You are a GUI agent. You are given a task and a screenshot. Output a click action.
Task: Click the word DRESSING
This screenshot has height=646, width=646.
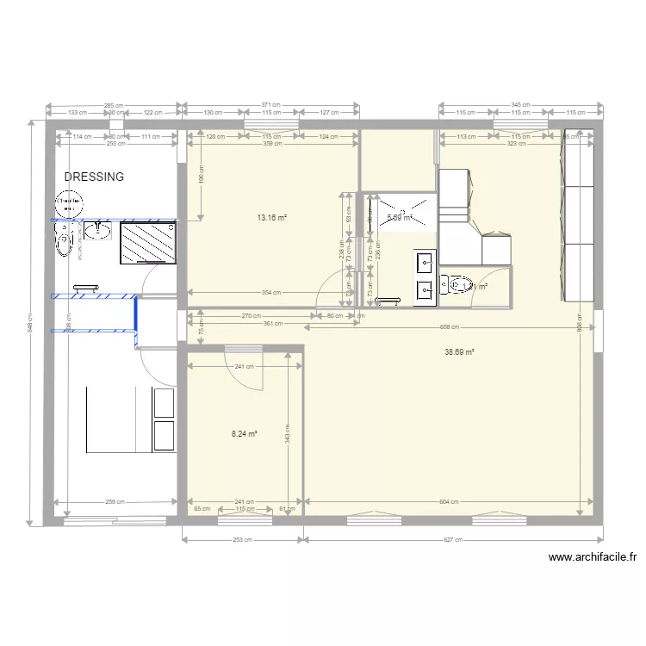pos(95,177)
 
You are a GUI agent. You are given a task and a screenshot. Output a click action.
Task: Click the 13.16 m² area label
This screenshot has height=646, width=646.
pos(270,217)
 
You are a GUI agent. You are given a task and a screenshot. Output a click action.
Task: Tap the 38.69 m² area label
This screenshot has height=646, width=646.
pos(461,351)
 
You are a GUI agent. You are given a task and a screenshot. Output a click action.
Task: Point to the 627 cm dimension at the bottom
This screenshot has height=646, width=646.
pos(453,541)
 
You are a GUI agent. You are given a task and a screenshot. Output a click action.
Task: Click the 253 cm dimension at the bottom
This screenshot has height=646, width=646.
pos(243,541)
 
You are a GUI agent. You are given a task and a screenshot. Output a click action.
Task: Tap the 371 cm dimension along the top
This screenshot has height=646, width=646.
pos(270,104)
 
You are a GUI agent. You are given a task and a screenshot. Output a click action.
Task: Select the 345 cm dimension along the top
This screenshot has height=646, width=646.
pos(519,104)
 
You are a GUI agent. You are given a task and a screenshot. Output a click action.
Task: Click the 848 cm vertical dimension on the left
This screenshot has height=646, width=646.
pos(30,322)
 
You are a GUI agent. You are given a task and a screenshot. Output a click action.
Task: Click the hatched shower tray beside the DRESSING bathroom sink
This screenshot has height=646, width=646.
pos(148,245)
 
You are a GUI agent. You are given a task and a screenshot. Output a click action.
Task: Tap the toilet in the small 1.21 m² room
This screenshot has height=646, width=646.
pos(453,285)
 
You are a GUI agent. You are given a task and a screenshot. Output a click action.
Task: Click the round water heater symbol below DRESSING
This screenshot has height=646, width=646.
pos(66,205)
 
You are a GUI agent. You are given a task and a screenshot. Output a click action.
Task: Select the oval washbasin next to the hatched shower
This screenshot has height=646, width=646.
pos(99,229)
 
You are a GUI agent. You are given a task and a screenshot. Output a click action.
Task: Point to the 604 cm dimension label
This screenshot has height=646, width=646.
pos(447,501)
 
